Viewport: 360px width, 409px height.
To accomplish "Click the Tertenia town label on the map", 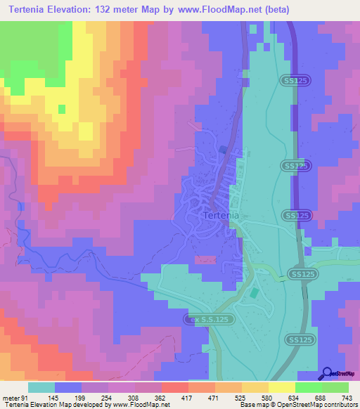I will tap(221, 216).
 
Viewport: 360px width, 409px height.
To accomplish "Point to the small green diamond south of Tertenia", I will tap(254, 292).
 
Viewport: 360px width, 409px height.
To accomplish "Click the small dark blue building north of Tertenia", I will tap(224, 149).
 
